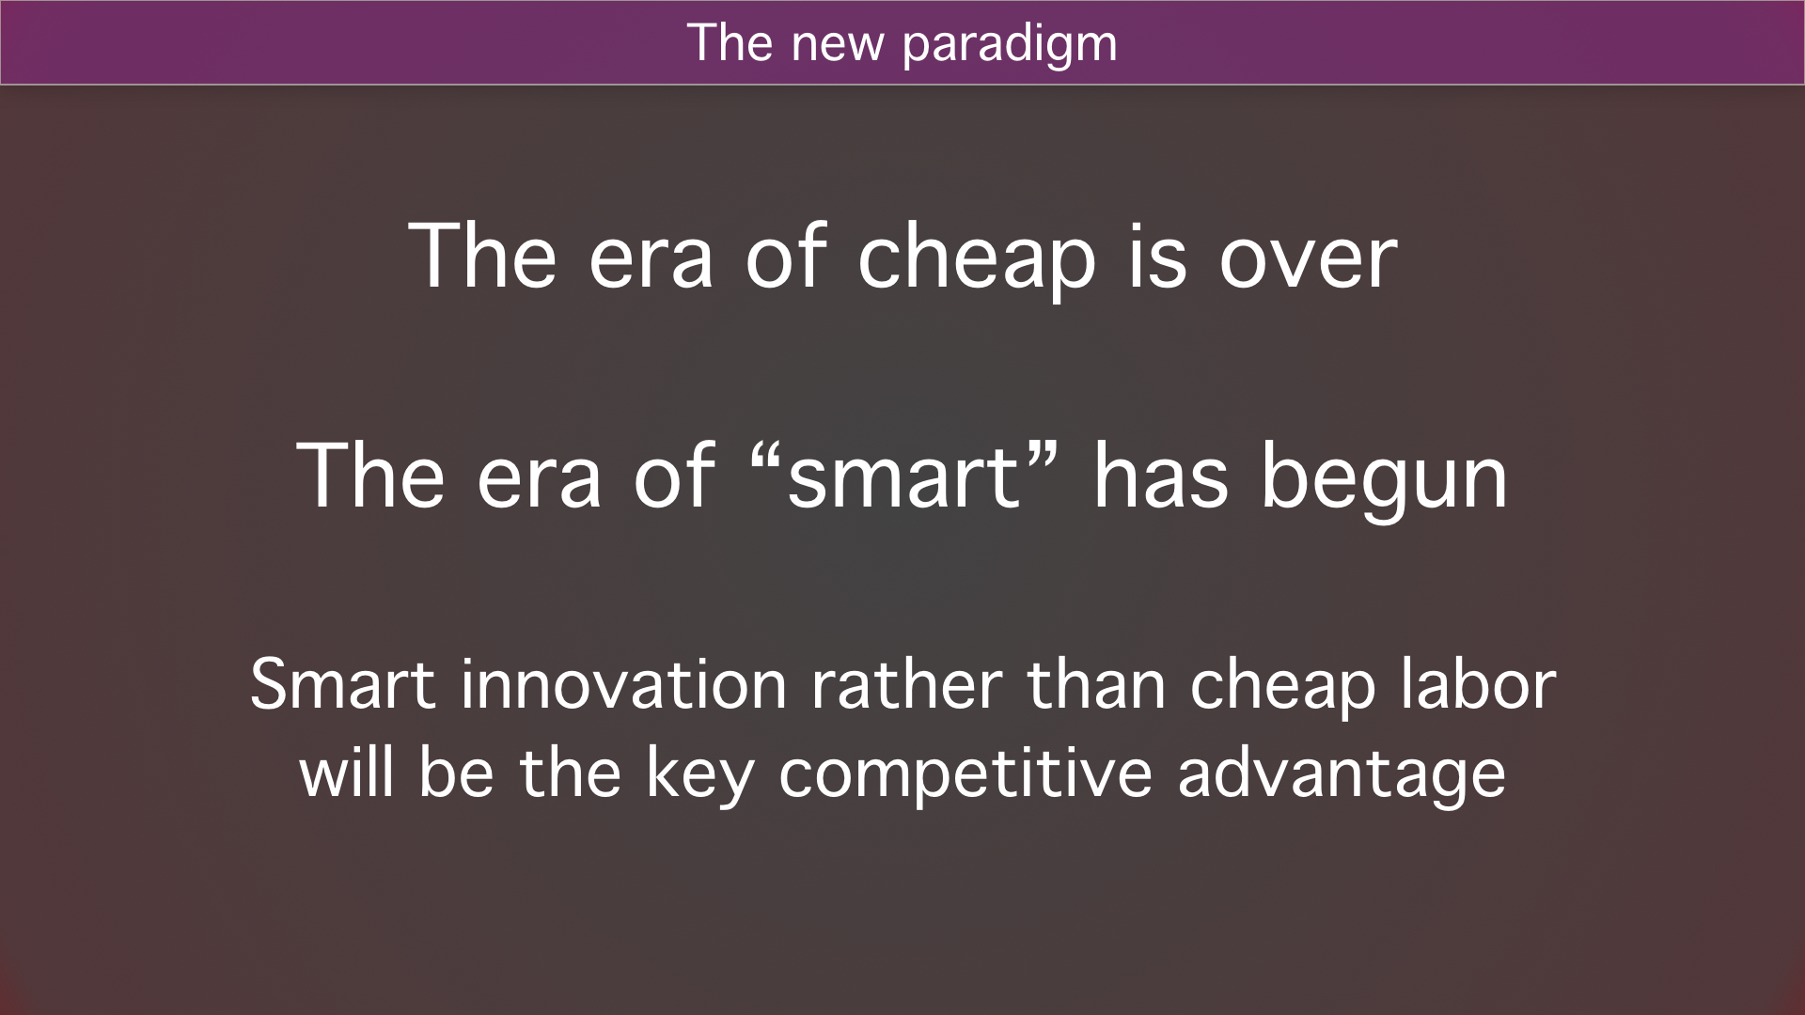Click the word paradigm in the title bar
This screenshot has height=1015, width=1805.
(1010, 45)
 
